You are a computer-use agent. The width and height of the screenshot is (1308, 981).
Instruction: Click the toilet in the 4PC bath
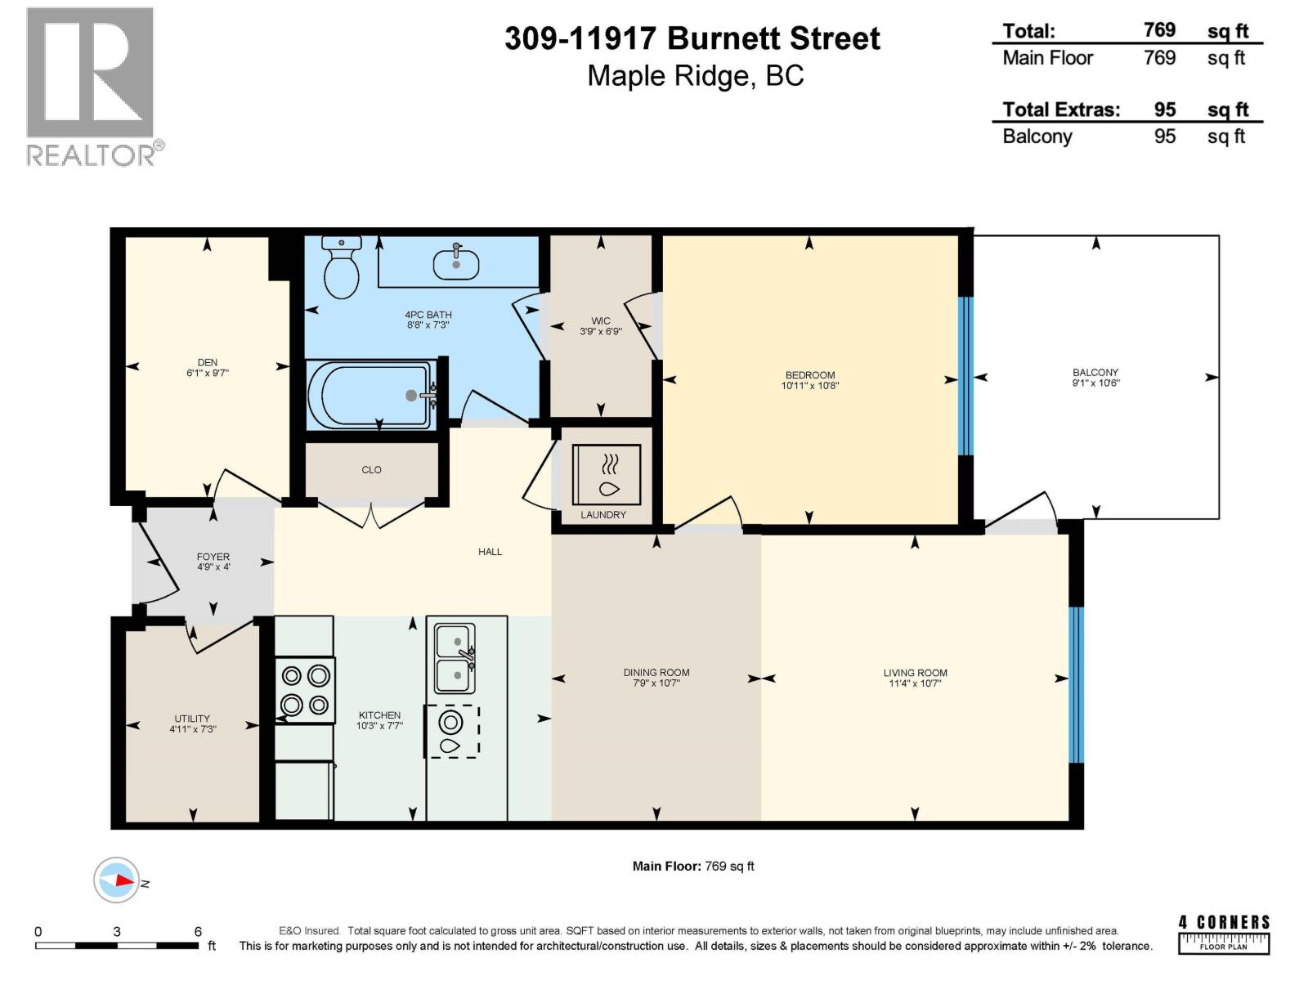coord(342,270)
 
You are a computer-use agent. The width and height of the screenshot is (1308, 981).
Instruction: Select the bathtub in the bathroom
coord(370,396)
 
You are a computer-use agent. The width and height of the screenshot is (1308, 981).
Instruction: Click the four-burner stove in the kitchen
coord(304,690)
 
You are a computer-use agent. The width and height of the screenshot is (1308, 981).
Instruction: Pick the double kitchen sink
coord(454,658)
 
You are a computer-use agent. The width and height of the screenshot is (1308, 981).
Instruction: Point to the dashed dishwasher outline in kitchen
coord(451,730)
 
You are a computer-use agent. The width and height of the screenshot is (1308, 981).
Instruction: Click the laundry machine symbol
coord(606,475)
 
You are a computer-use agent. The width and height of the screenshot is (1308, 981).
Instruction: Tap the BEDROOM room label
coord(809,375)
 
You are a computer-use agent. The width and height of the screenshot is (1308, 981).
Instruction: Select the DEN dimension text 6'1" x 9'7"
coord(207,373)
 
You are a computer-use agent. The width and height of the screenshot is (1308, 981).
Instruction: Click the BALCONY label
coord(1095,372)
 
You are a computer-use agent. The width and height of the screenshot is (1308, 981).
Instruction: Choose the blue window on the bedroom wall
coord(965,376)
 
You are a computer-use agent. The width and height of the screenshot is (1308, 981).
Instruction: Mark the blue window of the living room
coord(1076,684)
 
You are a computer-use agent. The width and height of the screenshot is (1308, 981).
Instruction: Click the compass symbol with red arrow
coord(116,880)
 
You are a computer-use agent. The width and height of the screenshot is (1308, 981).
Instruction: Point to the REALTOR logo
coord(91,86)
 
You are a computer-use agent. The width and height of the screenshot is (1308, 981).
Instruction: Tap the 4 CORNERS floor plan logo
coord(1224,934)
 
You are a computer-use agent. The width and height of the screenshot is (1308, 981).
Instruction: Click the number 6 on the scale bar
coord(198,931)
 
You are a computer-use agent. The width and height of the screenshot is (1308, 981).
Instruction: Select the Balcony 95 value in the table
coord(1164,137)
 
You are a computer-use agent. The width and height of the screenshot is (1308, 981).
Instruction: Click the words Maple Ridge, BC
coord(696,76)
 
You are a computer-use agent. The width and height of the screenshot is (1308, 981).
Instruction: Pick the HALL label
coord(490,552)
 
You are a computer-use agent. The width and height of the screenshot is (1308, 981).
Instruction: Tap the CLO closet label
coord(371,470)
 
